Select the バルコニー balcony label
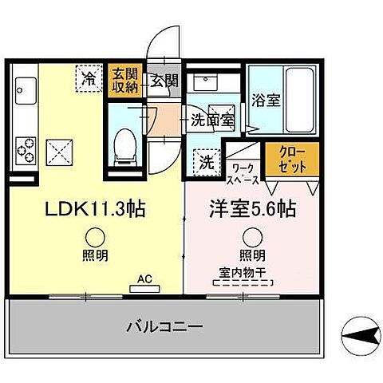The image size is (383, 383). click(x=165, y=326)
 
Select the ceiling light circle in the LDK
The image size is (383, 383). click(x=95, y=236)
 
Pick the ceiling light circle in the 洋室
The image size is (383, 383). click(x=253, y=236)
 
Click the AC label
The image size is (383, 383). click(x=144, y=279)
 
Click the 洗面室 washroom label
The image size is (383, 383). click(x=211, y=120)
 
